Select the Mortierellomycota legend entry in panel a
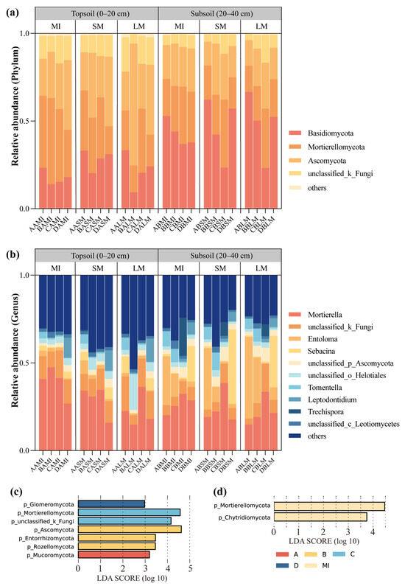pyautogui.click(x=332, y=146)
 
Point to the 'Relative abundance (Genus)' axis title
pyautogui.click(x=15, y=361)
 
